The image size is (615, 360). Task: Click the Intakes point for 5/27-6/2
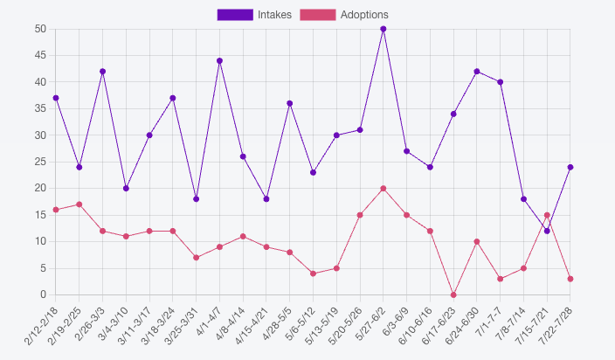[x=384, y=29]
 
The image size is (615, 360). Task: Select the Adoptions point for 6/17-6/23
[x=453, y=294]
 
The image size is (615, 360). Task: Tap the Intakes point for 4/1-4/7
[x=219, y=61]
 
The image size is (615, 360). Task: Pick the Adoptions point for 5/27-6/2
[x=384, y=189]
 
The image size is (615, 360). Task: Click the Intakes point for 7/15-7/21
[x=547, y=231]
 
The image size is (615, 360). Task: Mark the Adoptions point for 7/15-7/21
[x=547, y=215]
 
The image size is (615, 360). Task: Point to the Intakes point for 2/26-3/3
[x=103, y=72]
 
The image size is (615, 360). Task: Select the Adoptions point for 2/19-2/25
[x=79, y=204]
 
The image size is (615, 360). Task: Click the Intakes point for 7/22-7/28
[x=570, y=167]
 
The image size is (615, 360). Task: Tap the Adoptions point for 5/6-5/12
[x=313, y=273]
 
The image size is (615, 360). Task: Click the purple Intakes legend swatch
[x=235, y=15]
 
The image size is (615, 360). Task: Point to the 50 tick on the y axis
[x=40, y=29]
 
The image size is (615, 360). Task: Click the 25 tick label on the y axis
[x=40, y=162]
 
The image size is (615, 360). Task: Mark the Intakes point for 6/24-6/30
[x=477, y=72]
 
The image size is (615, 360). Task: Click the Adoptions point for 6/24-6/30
[x=477, y=241]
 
